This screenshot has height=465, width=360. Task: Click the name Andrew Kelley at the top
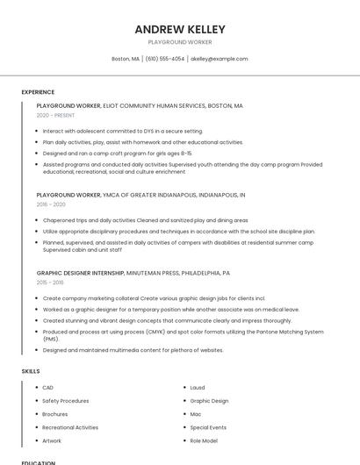click(180, 29)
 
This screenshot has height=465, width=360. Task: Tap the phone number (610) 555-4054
click(165, 59)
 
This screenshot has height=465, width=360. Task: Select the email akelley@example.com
click(220, 59)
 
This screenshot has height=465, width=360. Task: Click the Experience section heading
click(38, 92)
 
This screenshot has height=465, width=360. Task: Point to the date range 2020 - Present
click(55, 115)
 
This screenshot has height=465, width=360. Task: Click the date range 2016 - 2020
click(51, 204)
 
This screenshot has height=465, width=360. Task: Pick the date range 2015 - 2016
click(50, 283)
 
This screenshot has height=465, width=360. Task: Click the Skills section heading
click(31, 371)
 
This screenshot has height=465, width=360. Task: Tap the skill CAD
click(48, 388)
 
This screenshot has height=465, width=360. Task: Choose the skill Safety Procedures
click(66, 401)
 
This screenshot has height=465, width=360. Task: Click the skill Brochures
click(55, 414)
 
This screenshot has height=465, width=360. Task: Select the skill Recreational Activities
click(70, 427)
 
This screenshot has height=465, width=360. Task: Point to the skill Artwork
click(52, 440)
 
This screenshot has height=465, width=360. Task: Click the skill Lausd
click(198, 388)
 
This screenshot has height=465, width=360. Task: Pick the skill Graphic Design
click(209, 401)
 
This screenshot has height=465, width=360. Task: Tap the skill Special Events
click(208, 427)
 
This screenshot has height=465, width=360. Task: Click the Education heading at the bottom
click(38, 462)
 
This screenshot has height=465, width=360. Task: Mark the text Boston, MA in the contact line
click(126, 59)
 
